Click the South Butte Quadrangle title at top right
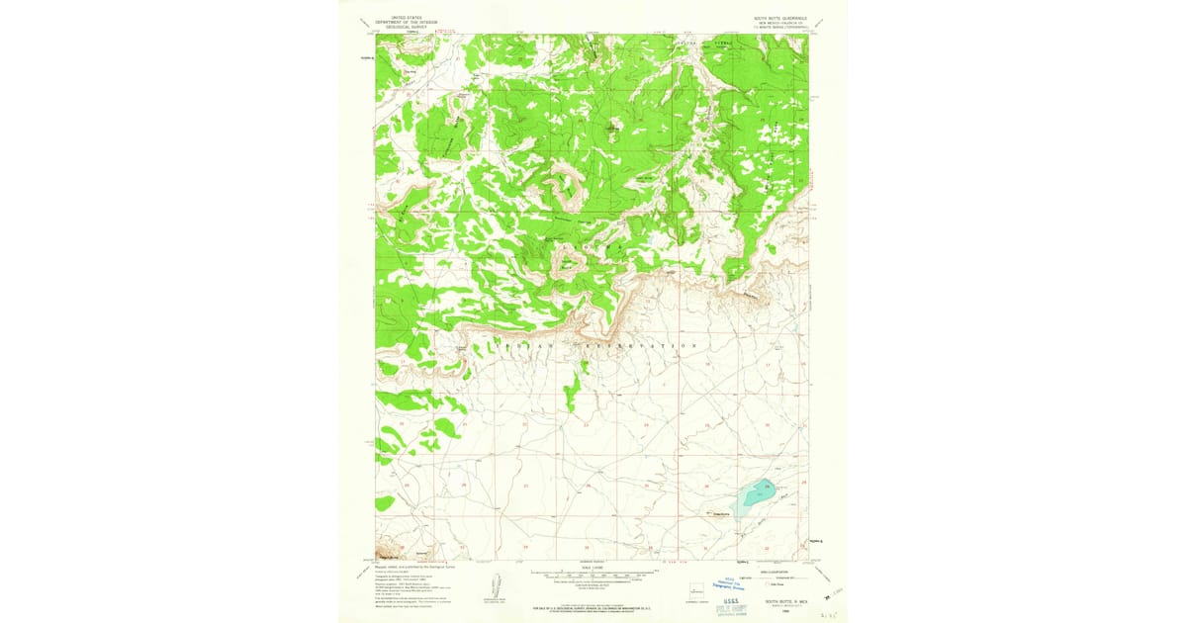(x=780, y=18)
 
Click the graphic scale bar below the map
(x=593, y=572)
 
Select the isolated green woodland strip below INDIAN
(x=573, y=391)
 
